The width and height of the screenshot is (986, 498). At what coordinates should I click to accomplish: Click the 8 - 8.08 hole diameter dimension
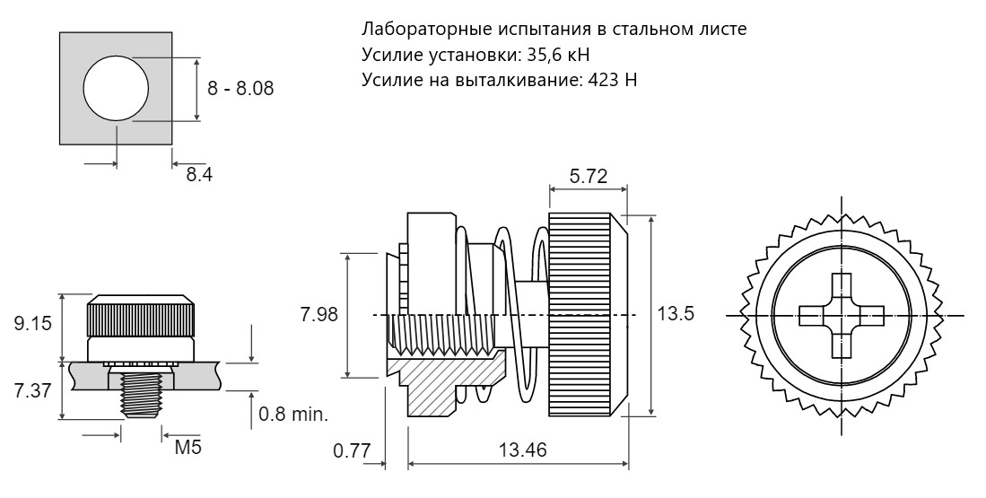(240, 89)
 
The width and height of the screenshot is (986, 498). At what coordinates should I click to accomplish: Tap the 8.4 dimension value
(198, 175)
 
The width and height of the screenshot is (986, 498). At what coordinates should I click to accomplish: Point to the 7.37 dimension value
(31, 390)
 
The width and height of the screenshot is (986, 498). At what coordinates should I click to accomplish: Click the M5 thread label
(188, 448)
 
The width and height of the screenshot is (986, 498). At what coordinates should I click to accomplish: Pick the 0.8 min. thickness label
(293, 415)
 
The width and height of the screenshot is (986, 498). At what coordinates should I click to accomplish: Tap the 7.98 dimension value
(318, 314)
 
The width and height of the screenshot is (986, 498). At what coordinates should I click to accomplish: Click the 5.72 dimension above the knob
(588, 177)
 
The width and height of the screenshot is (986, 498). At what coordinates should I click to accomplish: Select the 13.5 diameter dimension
(675, 313)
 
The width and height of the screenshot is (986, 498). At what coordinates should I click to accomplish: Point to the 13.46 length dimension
(522, 450)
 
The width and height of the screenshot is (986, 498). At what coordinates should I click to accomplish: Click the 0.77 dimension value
(352, 450)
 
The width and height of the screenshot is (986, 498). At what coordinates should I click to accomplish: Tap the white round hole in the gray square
(117, 87)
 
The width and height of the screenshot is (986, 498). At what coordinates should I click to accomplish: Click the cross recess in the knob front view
(842, 315)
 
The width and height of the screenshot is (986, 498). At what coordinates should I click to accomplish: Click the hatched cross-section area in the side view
(441, 383)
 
